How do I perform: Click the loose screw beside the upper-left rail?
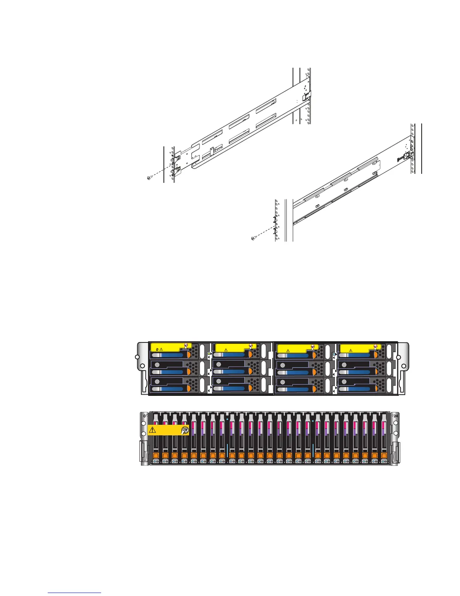pos(149,178)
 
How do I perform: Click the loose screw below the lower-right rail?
pos(253,238)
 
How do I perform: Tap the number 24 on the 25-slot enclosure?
pos(395,416)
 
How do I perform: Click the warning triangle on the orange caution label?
pos(153,430)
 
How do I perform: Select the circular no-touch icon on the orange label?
pos(185,431)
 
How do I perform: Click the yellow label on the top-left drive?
pos(171,347)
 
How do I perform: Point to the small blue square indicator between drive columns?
pos(334,354)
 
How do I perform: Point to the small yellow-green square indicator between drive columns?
pos(209,354)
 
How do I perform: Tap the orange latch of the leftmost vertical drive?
pos(156,456)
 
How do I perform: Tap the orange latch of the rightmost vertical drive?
pos(384,456)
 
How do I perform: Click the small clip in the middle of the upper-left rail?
pos(212,151)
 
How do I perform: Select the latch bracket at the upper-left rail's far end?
pos(307,94)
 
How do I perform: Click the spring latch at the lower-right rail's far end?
pos(407,156)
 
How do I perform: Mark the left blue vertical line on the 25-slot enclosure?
pos(227,450)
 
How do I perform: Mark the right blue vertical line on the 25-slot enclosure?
pos(313,450)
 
